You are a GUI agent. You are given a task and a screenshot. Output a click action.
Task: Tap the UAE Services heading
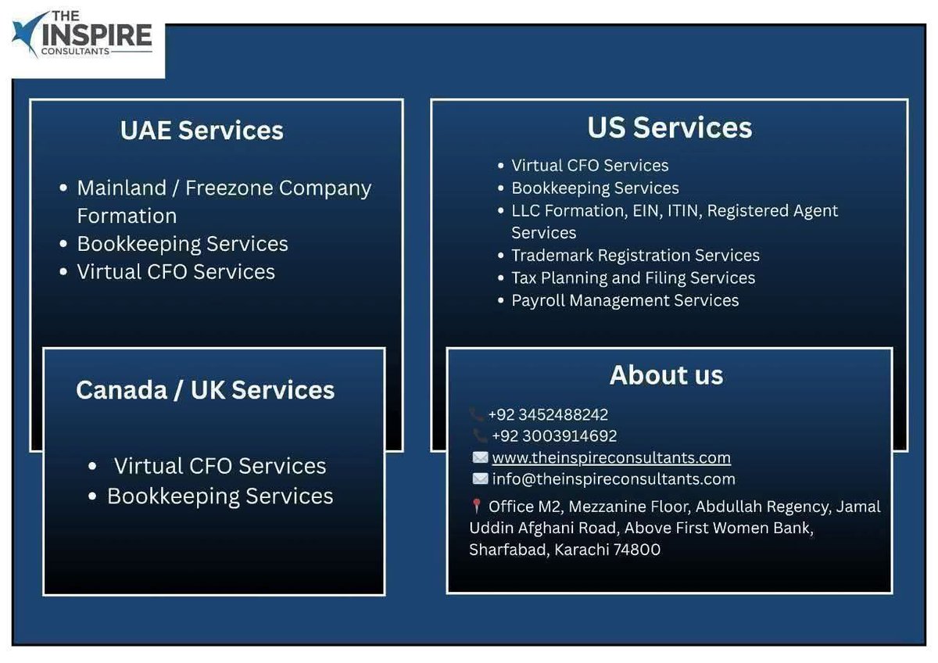202,130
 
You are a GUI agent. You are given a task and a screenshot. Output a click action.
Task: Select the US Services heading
670,127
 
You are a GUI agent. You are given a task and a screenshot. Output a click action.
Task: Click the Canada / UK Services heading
205,390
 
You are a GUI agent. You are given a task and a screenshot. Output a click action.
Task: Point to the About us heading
666,375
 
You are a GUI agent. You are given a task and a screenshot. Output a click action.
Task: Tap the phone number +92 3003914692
553,436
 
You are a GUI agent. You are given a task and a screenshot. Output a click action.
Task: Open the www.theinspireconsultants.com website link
611,457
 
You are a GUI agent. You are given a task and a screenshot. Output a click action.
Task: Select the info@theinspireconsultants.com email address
614,478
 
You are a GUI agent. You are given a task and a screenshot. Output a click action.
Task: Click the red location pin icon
476,507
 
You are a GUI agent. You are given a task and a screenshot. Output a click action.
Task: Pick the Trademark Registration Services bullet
635,256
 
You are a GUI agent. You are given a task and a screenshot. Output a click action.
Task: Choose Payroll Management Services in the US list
625,300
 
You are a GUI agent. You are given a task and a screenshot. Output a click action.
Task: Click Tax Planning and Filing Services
633,278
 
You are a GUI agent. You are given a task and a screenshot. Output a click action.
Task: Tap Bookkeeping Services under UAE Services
182,244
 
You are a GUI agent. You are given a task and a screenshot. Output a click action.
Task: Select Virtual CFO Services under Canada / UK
220,466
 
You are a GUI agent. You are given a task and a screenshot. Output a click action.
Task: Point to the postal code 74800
637,550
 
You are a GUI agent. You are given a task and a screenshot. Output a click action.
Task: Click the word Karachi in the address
582,550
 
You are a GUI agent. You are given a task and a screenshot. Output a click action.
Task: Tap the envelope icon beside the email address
480,478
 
